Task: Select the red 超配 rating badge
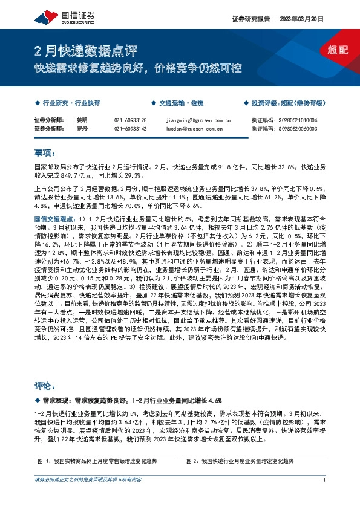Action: pos(338,51)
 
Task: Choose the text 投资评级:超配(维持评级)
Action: pos(286,103)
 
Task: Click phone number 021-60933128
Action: pos(130,120)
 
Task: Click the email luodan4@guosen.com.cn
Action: pos(194,129)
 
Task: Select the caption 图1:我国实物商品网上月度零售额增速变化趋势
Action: pos(100,461)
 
